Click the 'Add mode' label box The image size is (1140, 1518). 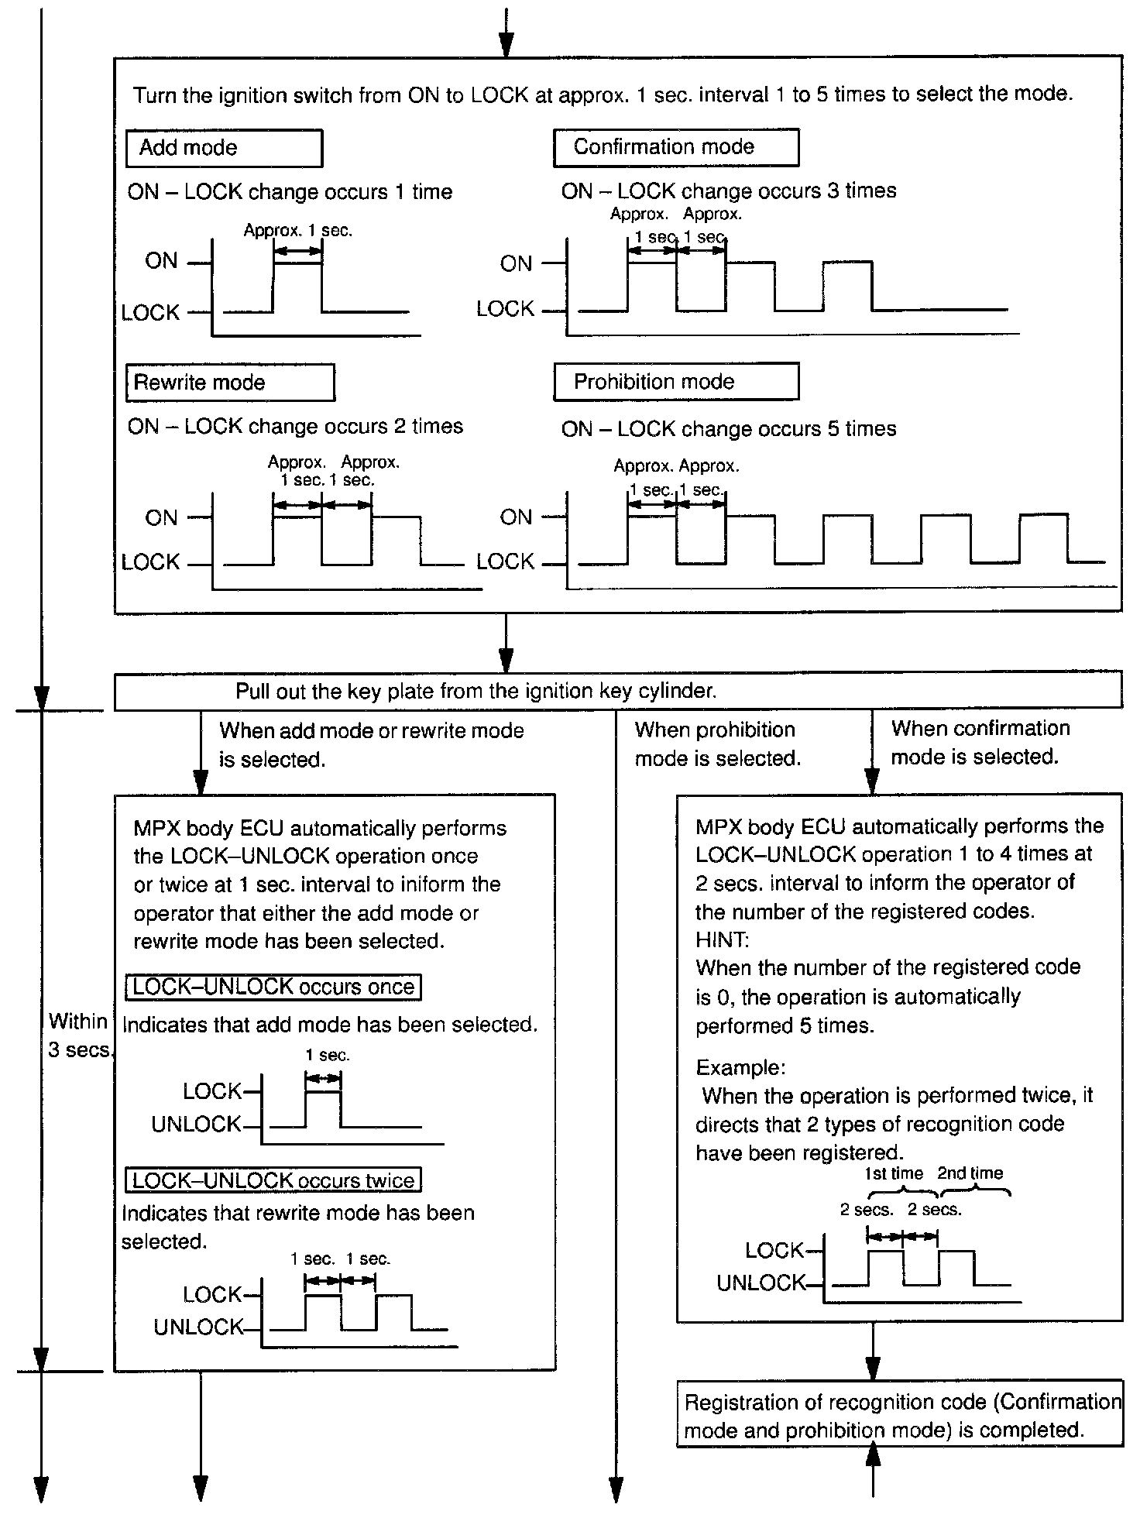coord(224,148)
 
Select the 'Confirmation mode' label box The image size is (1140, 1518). coord(675,147)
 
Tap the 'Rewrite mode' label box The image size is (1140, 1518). coord(230,383)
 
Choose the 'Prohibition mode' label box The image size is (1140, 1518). coord(675,382)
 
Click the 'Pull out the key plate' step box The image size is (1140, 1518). coord(617,691)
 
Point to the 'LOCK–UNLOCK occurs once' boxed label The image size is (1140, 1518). coord(273,987)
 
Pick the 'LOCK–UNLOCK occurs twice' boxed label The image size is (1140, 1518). coord(273,1180)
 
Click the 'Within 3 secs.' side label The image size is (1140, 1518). coord(79,1035)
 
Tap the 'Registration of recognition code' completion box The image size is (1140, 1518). coord(900,1416)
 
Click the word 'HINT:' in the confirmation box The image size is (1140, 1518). coord(722,939)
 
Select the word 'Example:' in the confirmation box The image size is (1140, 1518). coord(740,1067)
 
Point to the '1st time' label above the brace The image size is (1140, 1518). coord(894,1173)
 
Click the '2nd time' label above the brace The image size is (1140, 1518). coord(970,1173)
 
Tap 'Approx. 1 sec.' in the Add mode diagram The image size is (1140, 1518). coord(297,231)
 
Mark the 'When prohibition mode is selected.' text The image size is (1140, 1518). coord(717,744)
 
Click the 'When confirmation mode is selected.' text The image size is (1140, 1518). coord(980,742)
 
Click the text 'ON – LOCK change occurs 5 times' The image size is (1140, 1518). coord(728,429)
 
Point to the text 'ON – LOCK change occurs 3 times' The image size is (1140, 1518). coord(728,191)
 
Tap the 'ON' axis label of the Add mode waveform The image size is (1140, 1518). coord(161,261)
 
